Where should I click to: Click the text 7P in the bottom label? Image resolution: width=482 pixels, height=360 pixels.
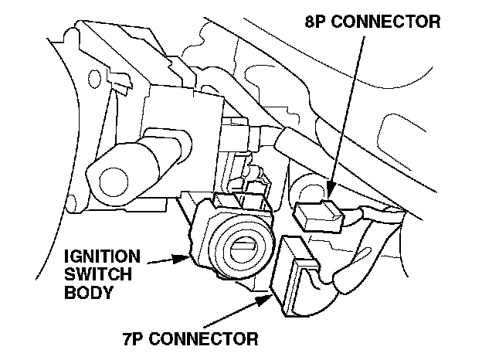(134, 338)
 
